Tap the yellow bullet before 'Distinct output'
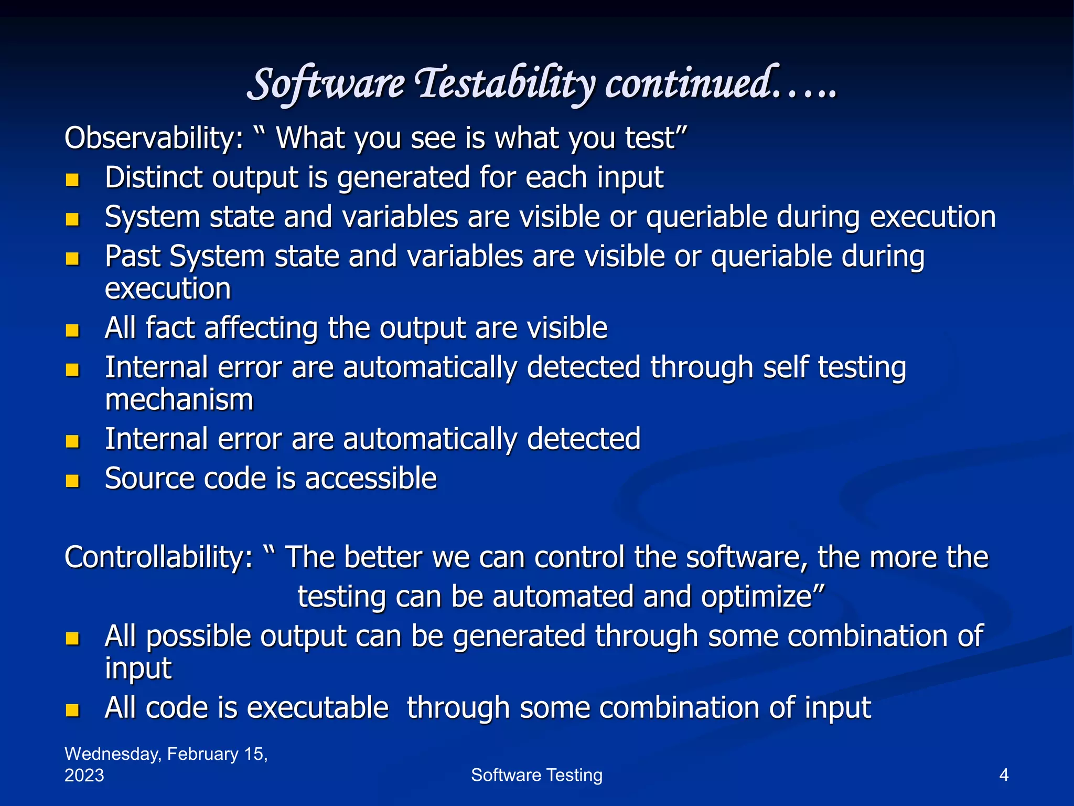pyautogui.click(x=72, y=181)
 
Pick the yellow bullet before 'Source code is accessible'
pyautogui.click(x=72, y=481)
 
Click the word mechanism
pyautogui.click(x=179, y=400)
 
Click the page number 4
pyautogui.click(x=1004, y=775)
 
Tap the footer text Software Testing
pyautogui.click(x=536, y=775)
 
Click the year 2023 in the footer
pyautogui.click(x=84, y=776)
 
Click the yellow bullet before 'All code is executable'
pyautogui.click(x=72, y=711)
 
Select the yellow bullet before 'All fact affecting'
pyautogui.click(x=72, y=331)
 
